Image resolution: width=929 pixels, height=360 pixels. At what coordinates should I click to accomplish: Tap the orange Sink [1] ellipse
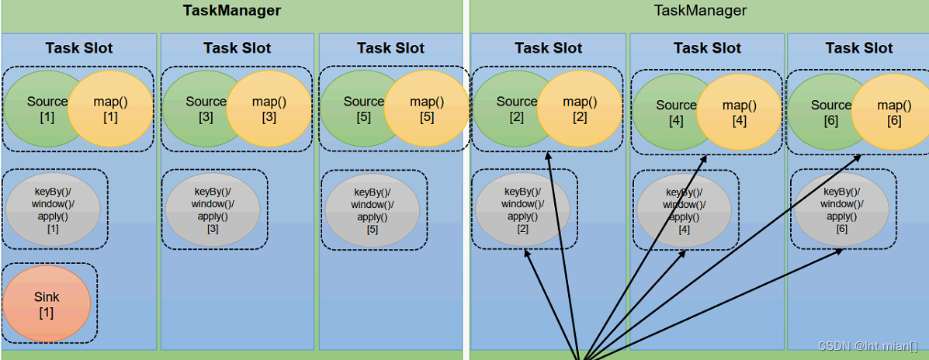[47, 303]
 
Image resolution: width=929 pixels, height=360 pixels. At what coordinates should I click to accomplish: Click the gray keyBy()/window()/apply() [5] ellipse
[373, 209]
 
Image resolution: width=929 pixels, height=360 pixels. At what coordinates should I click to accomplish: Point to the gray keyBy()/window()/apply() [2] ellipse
[522, 209]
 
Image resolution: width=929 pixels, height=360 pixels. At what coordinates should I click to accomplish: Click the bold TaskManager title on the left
[231, 10]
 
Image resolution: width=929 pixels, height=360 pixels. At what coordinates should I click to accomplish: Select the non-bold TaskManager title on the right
[700, 10]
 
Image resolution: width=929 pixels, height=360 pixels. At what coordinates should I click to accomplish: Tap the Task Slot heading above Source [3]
[237, 48]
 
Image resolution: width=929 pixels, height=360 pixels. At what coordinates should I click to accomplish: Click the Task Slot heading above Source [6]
[859, 48]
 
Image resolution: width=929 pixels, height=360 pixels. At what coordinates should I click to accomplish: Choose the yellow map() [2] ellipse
[580, 109]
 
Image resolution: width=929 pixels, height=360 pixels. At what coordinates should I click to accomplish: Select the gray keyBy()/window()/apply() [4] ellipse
[684, 210]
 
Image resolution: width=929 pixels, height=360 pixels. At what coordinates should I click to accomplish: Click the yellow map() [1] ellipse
[110, 109]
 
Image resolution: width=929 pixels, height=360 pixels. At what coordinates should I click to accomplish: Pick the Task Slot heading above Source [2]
[549, 48]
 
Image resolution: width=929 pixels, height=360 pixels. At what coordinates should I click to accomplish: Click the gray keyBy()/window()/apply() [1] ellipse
[53, 209]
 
